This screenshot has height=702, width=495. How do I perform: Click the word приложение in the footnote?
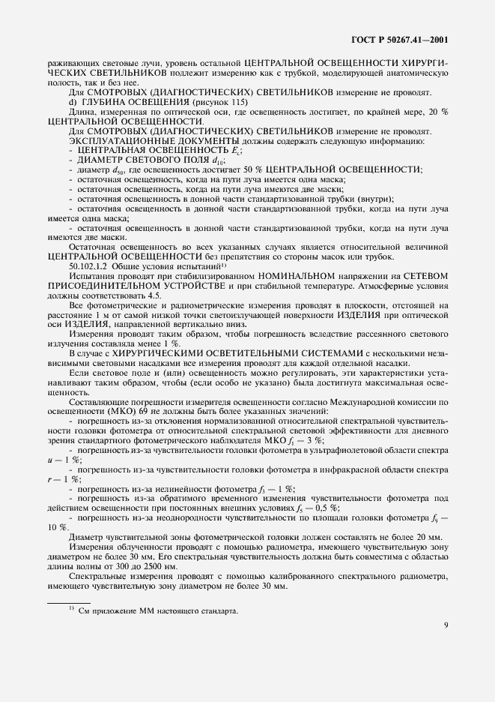tap(107, 611)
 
